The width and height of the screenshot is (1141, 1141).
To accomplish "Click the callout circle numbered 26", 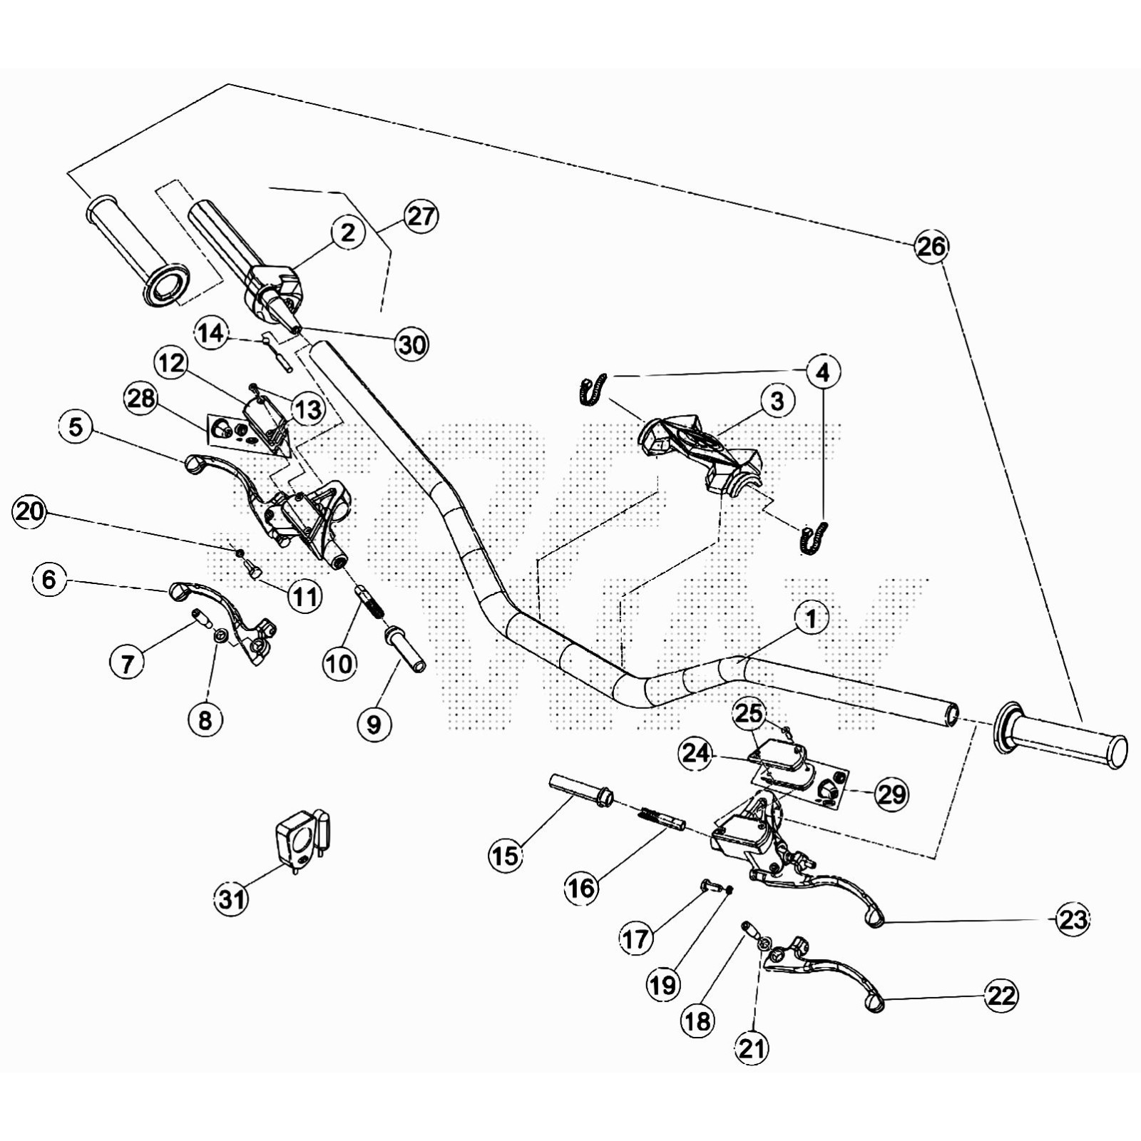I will click(931, 247).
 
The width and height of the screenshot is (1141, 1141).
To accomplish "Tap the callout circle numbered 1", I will click(812, 618).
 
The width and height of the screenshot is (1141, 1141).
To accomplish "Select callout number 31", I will click(232, 899).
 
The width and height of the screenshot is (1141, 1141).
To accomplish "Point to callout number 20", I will click(29, 512).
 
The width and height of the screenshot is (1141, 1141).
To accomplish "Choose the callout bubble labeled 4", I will click(823, 372).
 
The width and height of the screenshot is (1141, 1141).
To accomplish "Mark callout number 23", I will click(1073, 920).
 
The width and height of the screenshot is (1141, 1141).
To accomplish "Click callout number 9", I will click(374, 725).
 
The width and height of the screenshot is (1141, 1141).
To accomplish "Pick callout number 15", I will click(506, 855).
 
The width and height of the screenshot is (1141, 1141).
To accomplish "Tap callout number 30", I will click(412, 344).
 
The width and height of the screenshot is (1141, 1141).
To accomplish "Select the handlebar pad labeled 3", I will click(699, 449).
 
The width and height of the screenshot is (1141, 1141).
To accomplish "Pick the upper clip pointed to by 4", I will click(591, 390).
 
